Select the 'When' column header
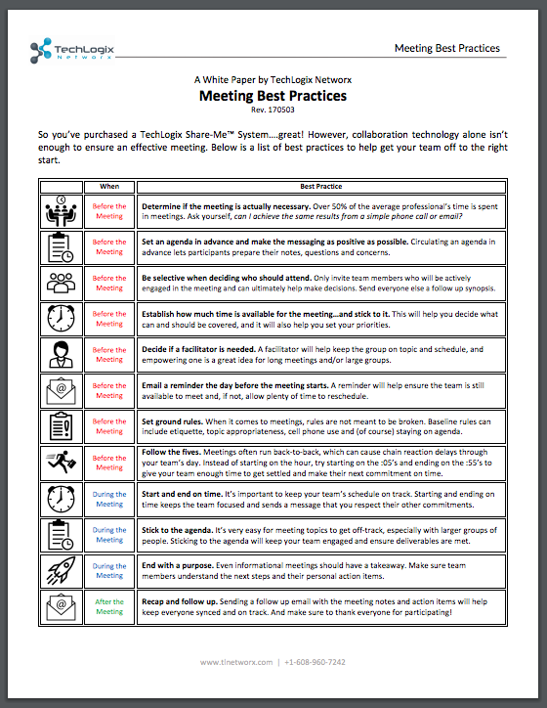tap(109, 185)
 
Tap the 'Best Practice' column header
tap(320, 185)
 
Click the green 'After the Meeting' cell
tap(109, 607)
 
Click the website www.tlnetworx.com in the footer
tap(235, 662)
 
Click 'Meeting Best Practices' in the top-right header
tap(446, 48)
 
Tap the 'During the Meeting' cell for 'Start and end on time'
tap(109, 501)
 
